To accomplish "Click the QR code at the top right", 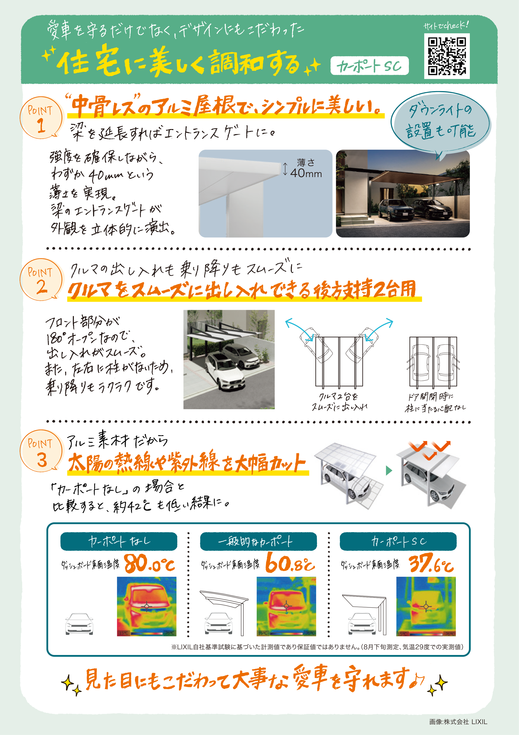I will (x=447, y=56).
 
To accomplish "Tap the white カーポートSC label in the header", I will (x=369, y=66).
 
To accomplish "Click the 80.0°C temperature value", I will (x=149, y=564).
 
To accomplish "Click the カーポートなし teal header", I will (x=119, y=541).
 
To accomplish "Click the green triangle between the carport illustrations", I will (x=389, y=470).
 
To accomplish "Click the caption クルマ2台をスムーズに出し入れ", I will (x=339, y=402).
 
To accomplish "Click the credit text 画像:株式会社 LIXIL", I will (x=458, y=722).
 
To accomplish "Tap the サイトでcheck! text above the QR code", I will (x=446, y=26).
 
